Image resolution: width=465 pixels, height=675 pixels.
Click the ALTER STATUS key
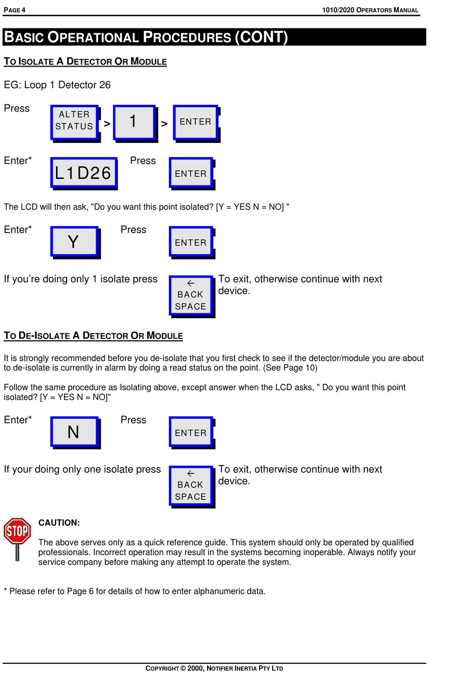pos(74,121)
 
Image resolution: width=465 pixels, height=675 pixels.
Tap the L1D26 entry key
pos(83,173)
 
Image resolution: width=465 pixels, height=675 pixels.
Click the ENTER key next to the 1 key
pos(195,122)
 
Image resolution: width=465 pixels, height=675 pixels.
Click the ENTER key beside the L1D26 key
pos(190,174)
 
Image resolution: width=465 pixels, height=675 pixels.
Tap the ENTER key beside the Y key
pos(190,243)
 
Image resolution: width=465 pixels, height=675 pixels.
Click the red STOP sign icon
pos(17,532)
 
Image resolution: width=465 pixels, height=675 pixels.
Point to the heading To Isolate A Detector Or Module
pos(85,62)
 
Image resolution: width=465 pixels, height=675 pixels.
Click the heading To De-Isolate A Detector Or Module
pos(93,336)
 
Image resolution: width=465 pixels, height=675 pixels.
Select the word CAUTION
pos(59,523)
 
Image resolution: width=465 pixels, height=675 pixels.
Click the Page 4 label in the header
pos(15,10)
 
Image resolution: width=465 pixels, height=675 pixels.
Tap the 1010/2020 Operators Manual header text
pos(370,10)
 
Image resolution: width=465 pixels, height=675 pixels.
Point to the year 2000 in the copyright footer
pos(195,668)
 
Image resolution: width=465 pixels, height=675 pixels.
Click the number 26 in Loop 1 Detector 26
pos(105,85)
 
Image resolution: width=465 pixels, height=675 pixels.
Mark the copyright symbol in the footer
pos(183,668)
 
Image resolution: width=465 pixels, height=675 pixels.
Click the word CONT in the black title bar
pos(262,37)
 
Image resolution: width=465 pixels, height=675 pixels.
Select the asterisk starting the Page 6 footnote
pos(5,590)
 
